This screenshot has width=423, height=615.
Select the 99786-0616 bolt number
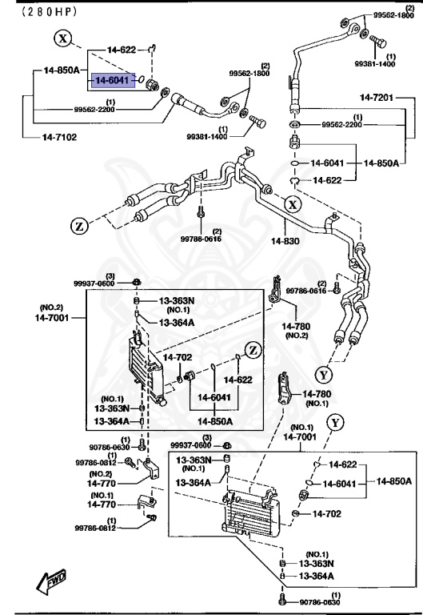click(x=307, y=291)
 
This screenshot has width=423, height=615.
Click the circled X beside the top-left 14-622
click(x=64, y=38)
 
